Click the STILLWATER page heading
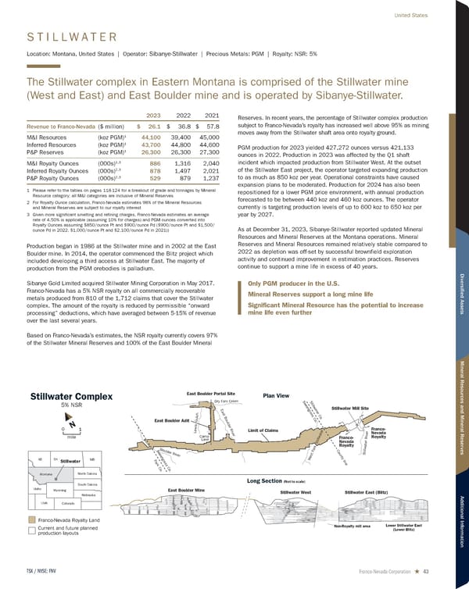pyautogui.click(x=72, y=36)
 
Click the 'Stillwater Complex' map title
pyautogui.click(x=72, y=395)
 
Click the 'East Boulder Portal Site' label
pyautogui.click(x=211, y=393)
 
